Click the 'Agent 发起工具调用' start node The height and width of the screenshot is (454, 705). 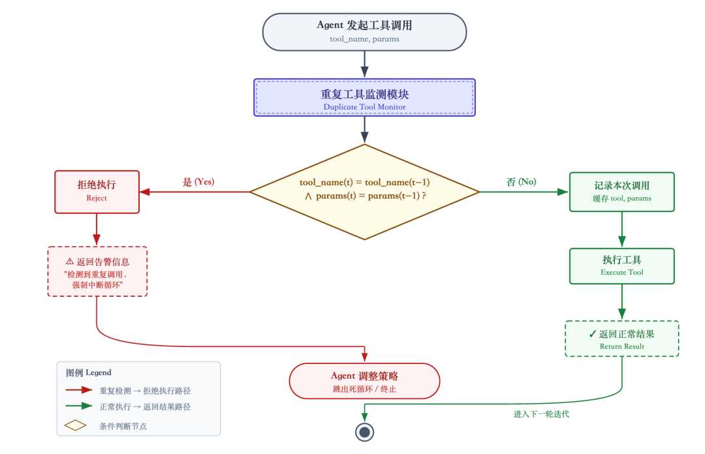click(364, 32)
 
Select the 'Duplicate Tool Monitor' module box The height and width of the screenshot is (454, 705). click(364, 98)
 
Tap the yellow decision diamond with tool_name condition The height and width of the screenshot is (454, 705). click(364, 192)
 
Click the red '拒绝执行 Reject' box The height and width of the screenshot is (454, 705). click(97, 192)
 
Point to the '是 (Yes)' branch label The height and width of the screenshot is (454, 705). click(198, 182)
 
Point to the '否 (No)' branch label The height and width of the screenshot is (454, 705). click(521, 182)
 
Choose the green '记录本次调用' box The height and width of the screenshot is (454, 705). click(621, 192)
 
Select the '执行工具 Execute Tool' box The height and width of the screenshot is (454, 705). click(621, 266)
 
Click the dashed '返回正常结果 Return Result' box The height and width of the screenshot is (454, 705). click(621, 339)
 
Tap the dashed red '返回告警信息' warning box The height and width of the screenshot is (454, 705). click(97, 271)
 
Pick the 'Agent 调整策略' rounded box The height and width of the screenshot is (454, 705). click(364, 380)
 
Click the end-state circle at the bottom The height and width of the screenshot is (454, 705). click(364, 432)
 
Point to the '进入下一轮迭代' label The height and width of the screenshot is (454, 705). click(541, 414)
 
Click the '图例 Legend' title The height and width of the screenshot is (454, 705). click(89, 372)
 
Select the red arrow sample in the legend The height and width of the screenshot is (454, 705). click(78, 390)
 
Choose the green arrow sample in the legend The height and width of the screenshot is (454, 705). click(78, 406)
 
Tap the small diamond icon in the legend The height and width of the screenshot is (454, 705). click(76, 425)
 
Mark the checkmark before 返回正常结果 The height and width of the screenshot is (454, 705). click(592, 334)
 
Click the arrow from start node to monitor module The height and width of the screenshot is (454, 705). click(364, 64)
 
